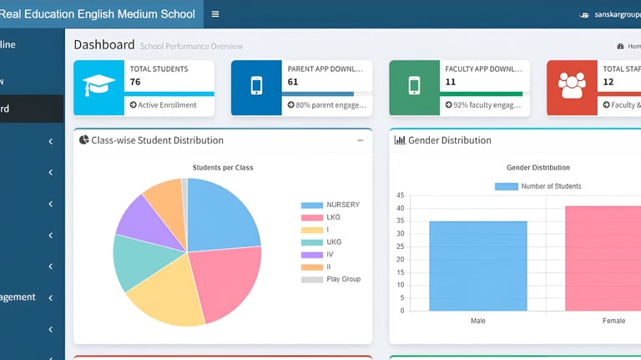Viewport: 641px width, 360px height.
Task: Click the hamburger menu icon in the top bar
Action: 215,14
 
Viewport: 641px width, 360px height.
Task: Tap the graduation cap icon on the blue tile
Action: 98,87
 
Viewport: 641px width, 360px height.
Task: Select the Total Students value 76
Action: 135,82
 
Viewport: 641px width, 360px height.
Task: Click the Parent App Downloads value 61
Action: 293,82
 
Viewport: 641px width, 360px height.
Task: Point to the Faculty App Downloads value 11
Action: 451,82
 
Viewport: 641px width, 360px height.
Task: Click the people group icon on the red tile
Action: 572,87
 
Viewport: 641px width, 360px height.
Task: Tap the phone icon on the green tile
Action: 414,87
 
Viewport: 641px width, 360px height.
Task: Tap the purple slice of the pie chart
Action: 134,215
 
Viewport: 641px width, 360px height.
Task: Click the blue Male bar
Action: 478,266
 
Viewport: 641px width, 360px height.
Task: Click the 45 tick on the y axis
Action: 401,195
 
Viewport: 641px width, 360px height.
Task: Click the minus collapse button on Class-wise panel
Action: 361,140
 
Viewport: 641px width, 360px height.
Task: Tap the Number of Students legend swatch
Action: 506,186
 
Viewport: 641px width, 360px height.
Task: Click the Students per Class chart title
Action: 223,168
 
